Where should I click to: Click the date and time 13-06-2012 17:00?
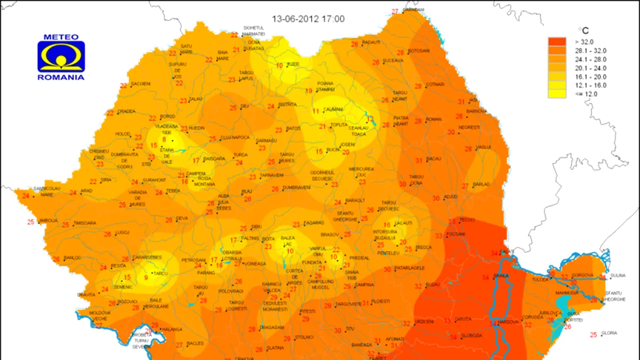click(308, 19)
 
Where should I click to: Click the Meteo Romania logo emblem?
click(61, 56)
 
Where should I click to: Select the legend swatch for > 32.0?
click(557, 41)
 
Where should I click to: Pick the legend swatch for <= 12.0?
click(557, 93)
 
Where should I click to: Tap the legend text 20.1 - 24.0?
click(591, 68)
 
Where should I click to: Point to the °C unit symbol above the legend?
click(583, 31)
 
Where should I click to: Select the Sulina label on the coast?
click(618, 275)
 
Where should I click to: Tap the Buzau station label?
click(432, 284)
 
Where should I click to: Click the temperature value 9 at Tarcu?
click(146, 277)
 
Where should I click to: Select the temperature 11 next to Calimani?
click(316, 111)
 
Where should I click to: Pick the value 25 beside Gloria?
click(593, 335)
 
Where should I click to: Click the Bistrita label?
click(287, 104)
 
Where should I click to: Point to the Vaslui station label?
click(483, 147)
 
